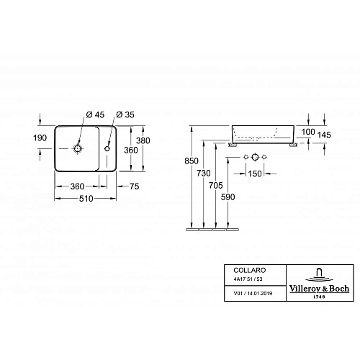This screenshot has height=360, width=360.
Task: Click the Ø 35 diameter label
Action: point(124,114)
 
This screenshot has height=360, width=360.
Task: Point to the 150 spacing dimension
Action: point(256,174)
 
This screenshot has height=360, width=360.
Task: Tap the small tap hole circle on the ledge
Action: point(108,148)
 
